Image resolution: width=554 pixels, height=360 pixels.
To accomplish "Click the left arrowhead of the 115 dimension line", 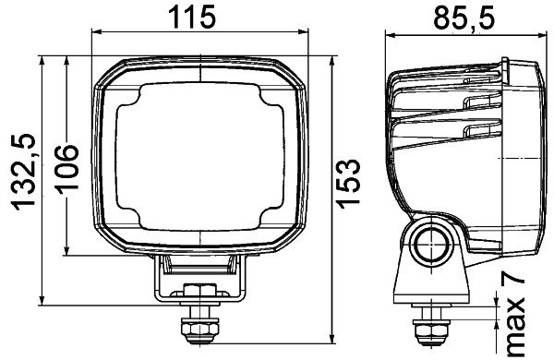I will coord(96,36).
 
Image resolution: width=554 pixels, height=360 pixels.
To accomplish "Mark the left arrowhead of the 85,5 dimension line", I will coord(389,36).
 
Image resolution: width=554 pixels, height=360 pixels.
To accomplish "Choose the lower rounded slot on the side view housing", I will coord(482,129).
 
